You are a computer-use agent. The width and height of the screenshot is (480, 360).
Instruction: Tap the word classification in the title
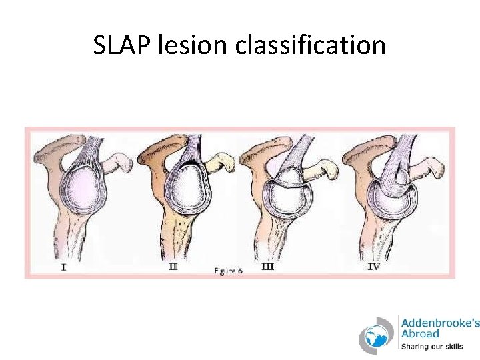[x=310, y=45]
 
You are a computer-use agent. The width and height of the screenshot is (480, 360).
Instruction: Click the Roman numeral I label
[x=63, y=267]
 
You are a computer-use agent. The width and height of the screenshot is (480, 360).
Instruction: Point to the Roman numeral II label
[x=173, y=267]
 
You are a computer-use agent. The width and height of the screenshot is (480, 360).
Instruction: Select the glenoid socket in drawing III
[x=286, y=200]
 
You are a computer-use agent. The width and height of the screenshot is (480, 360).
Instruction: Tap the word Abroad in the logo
[x=419, y=333]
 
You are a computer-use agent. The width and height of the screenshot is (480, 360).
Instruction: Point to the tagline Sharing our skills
[x=431, y=346]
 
